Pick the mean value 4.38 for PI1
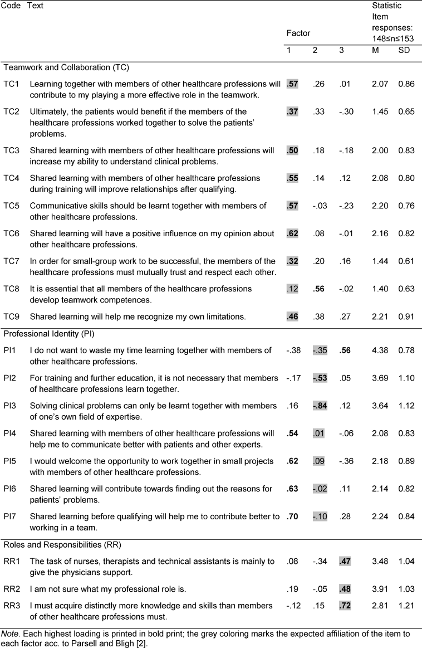[x=380, y=350]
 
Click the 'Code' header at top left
[x=10, y=6]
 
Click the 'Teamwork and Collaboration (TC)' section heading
[x=66, y=67]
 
